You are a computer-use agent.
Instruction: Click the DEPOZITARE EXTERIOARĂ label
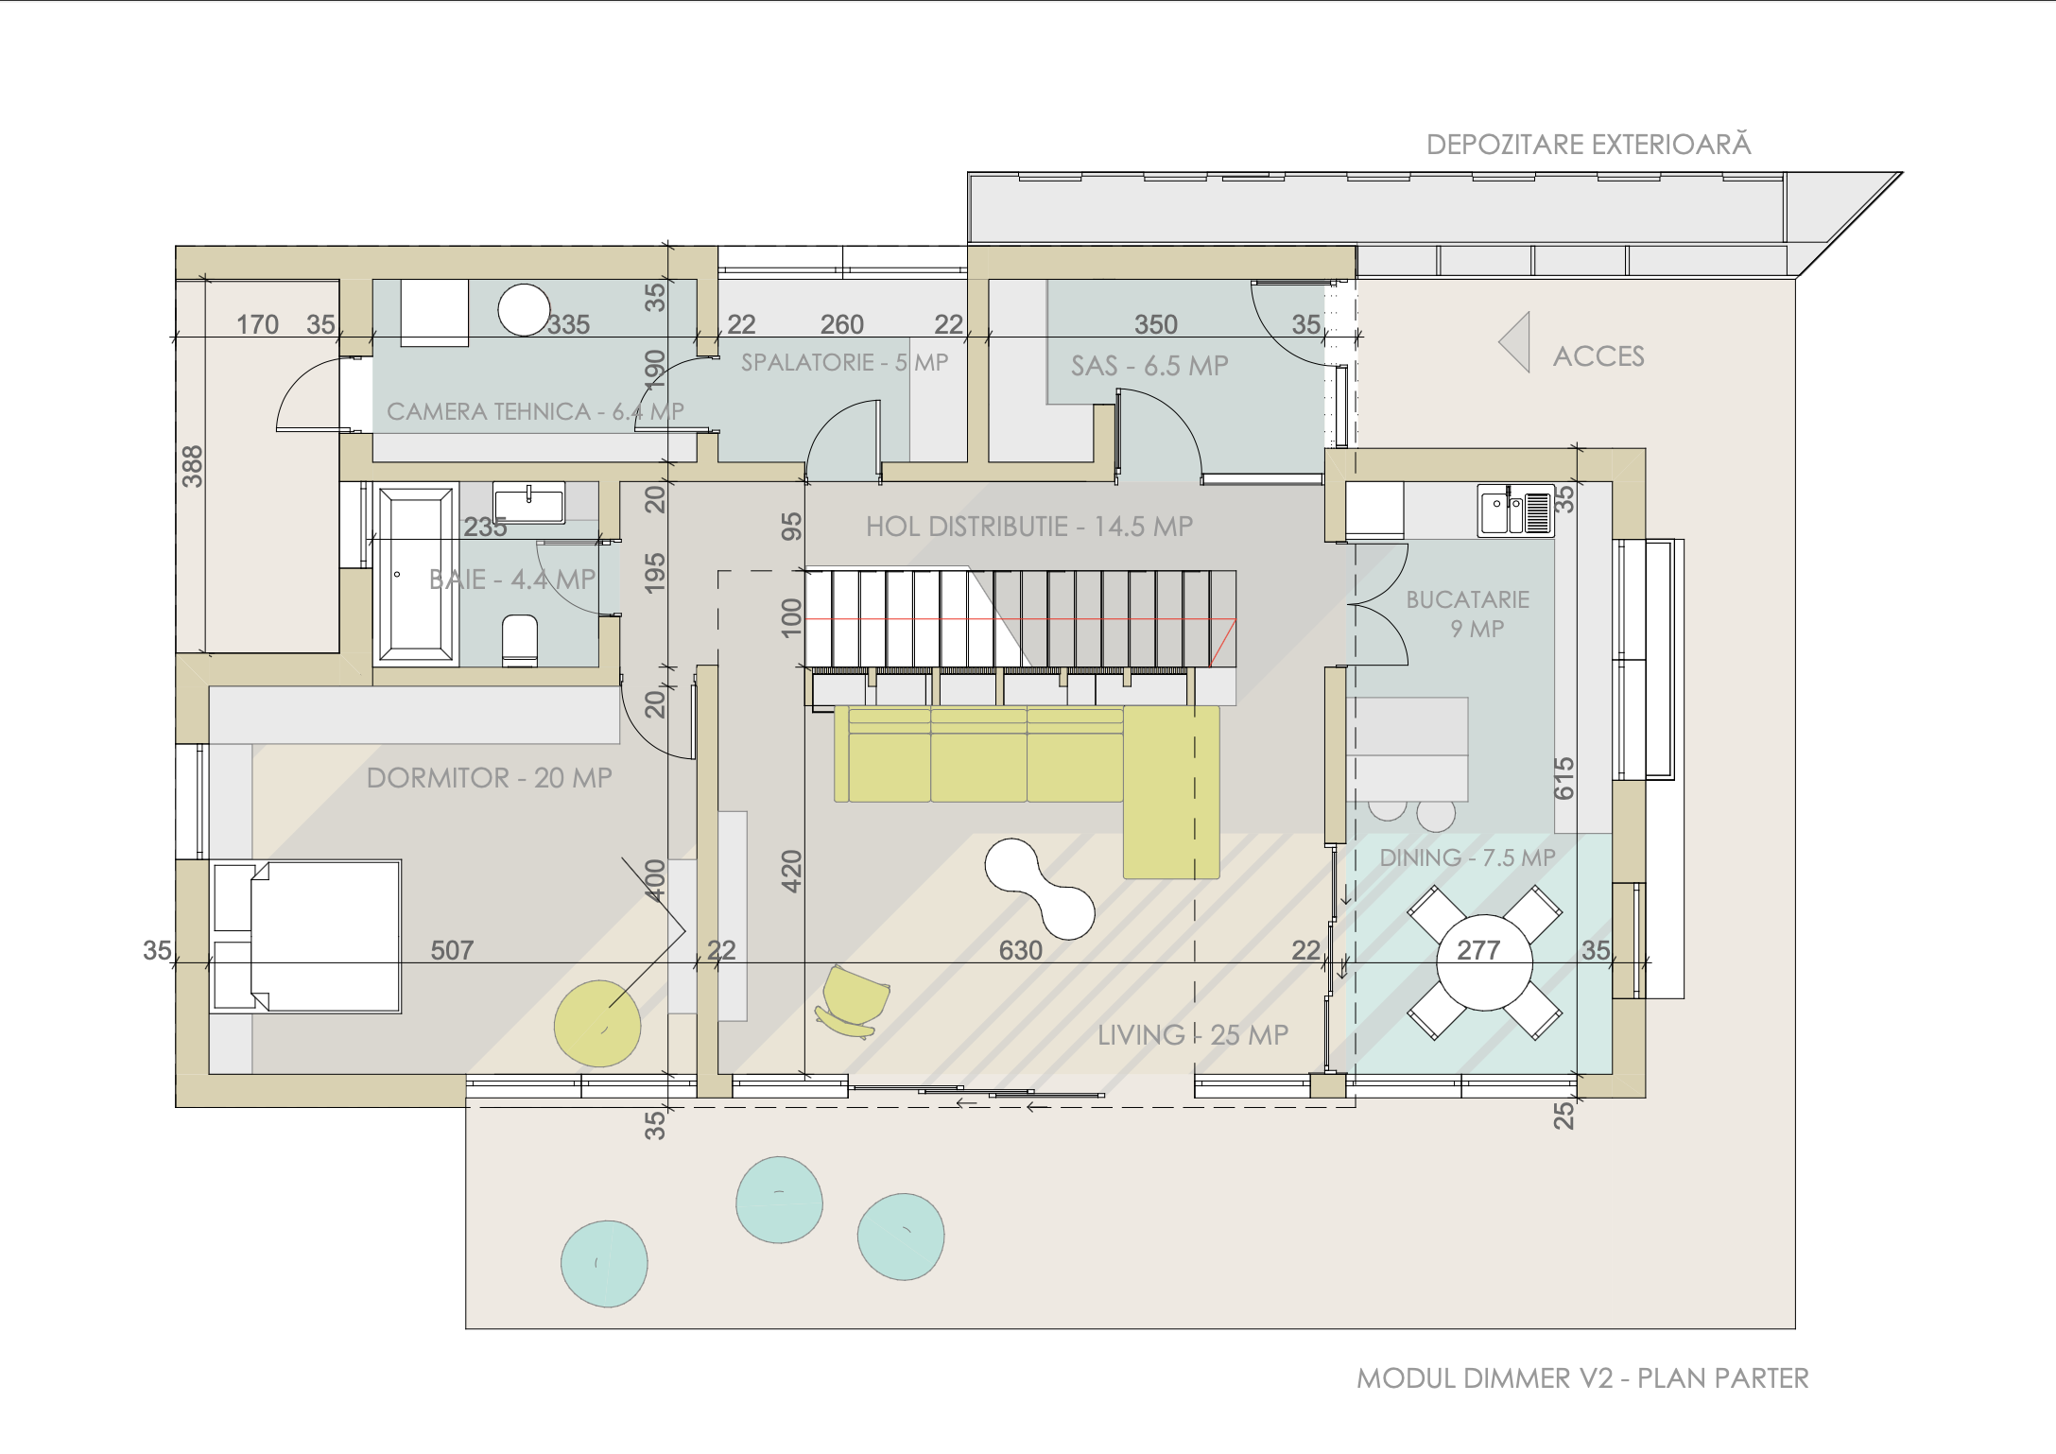[1588, 145]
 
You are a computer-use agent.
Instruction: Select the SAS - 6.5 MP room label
[1149, 366]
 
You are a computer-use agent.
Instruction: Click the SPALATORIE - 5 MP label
[844, 362]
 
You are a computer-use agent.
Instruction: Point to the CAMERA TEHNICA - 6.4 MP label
[535, 411]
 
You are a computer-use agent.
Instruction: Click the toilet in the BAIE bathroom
[520, 639]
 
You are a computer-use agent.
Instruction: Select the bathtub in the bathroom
[416, 574]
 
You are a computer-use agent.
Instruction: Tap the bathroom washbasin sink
[529, 501]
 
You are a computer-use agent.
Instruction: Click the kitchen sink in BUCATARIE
[1516, 511]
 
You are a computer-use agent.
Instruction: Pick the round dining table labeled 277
[1484, 961]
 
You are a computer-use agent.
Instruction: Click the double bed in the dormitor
[306, 936]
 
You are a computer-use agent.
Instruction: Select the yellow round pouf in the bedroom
[597, 1024]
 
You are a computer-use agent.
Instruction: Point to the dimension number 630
[1021, 950]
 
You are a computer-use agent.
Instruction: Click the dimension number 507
[452, 950]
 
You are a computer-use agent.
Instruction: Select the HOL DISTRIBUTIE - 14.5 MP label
[1029, 527]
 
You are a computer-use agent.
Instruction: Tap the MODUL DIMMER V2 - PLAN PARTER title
[1582, 1378]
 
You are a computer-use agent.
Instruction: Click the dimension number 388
[192, 466]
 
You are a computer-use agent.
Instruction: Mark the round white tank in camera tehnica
[524, 310]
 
